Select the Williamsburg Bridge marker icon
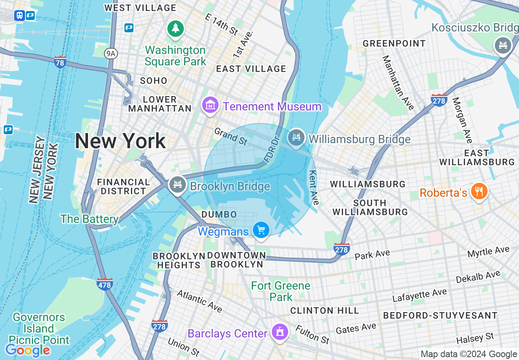coord(296,137)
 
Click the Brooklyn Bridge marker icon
coord(178,185)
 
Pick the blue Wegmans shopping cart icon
coord(261,230)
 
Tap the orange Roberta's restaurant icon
coord(478,191)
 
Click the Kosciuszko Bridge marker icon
coord(503,44)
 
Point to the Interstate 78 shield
coord(60,62)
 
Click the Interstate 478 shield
coord(105,283)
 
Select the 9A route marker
coord(110,53)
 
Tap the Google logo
coord(27,350)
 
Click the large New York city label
coord(120,141)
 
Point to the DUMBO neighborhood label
coord(219,215)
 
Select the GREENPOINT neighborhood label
coord(394,43)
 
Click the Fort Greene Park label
coord(281,291)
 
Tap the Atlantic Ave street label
coord(199,301)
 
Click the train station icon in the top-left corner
coord(19,16)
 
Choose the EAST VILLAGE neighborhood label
coord(251,69)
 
